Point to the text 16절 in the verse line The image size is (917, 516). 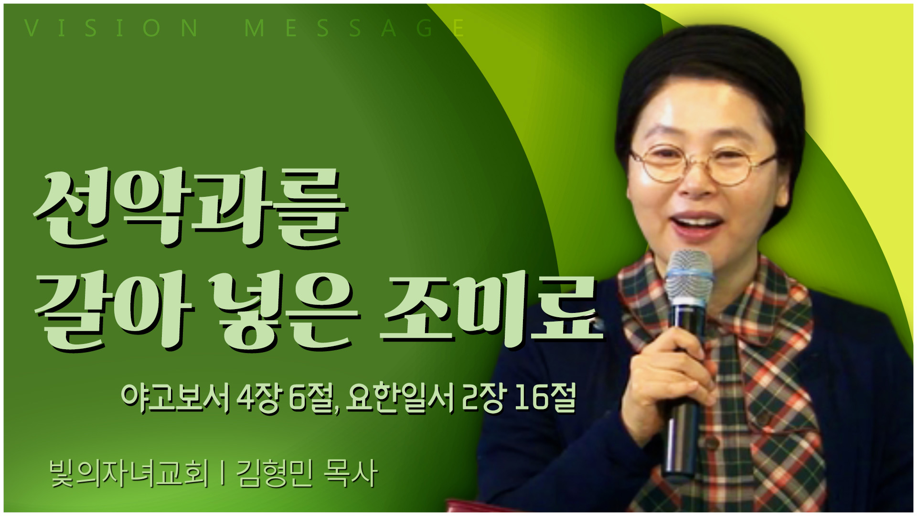click(x=545, y=398)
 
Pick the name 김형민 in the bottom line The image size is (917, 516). click(x=275, y=473)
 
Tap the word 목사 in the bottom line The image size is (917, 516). click(x=351, y=473)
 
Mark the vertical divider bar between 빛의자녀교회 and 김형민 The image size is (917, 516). click(x=223, y=473)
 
